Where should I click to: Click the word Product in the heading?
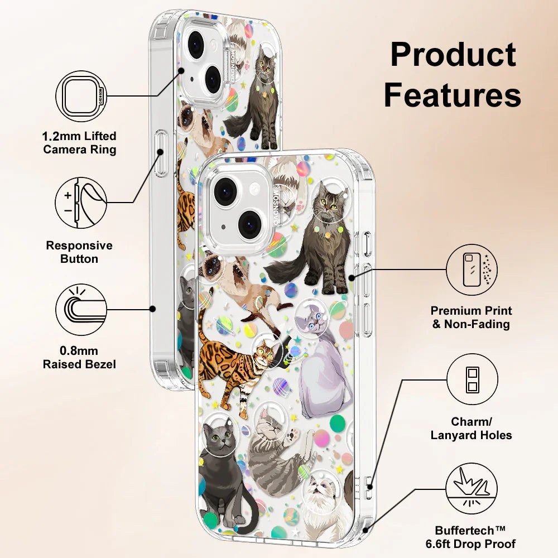click(453, 55)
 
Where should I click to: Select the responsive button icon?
click(81, 202)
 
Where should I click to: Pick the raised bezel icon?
click(81, 309)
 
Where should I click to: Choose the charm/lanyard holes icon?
click(472, 380)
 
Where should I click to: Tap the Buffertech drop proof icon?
click(472, 490)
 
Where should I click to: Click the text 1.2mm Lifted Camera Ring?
click(80, 142)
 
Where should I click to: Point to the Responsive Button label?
click(79, 252)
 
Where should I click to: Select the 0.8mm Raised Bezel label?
click(80, 358)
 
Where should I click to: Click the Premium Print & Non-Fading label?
click(472, 317)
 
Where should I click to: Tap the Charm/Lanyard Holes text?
click(472, 428)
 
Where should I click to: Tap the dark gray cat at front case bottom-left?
click(220, 469)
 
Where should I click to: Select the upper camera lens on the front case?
click(226, 191)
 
